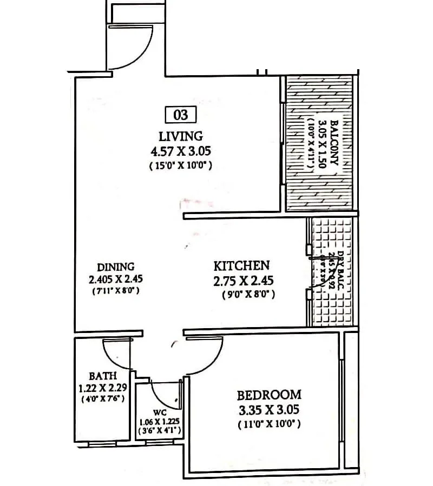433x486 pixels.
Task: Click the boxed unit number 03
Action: (x=180, y=115)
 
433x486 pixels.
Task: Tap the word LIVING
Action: (x=181, y=136)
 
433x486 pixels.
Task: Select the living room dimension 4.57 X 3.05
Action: (x=181, y=151)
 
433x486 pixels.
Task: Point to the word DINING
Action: (x=116, y=267)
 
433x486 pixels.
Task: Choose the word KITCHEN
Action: (x=241, y=265)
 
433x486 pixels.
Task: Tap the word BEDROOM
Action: (x=269, y=394)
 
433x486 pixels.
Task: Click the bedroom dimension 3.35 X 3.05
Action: (x=269, y=409)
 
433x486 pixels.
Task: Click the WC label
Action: (x=160, y=412)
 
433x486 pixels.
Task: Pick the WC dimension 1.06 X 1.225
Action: (x=160, y=422)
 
